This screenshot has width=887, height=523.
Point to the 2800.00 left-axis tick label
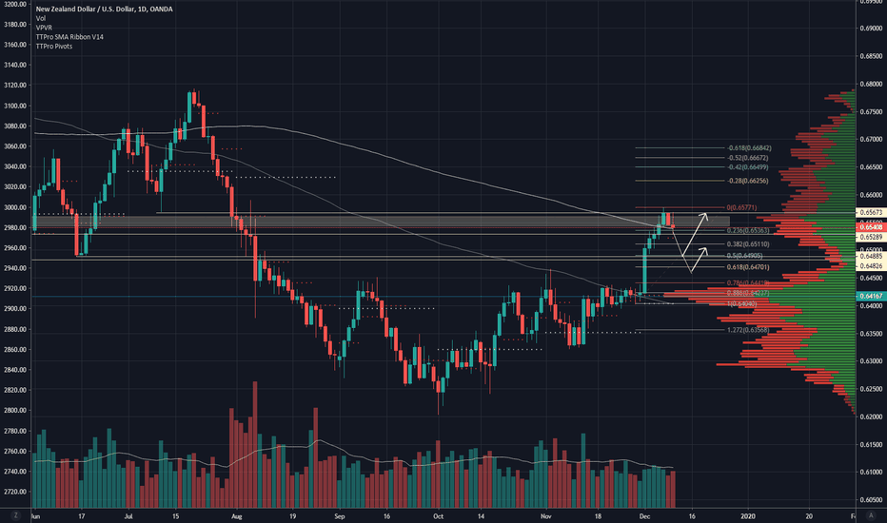tap(14, 411)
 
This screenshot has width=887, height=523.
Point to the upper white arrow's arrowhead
tap(706, 214)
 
